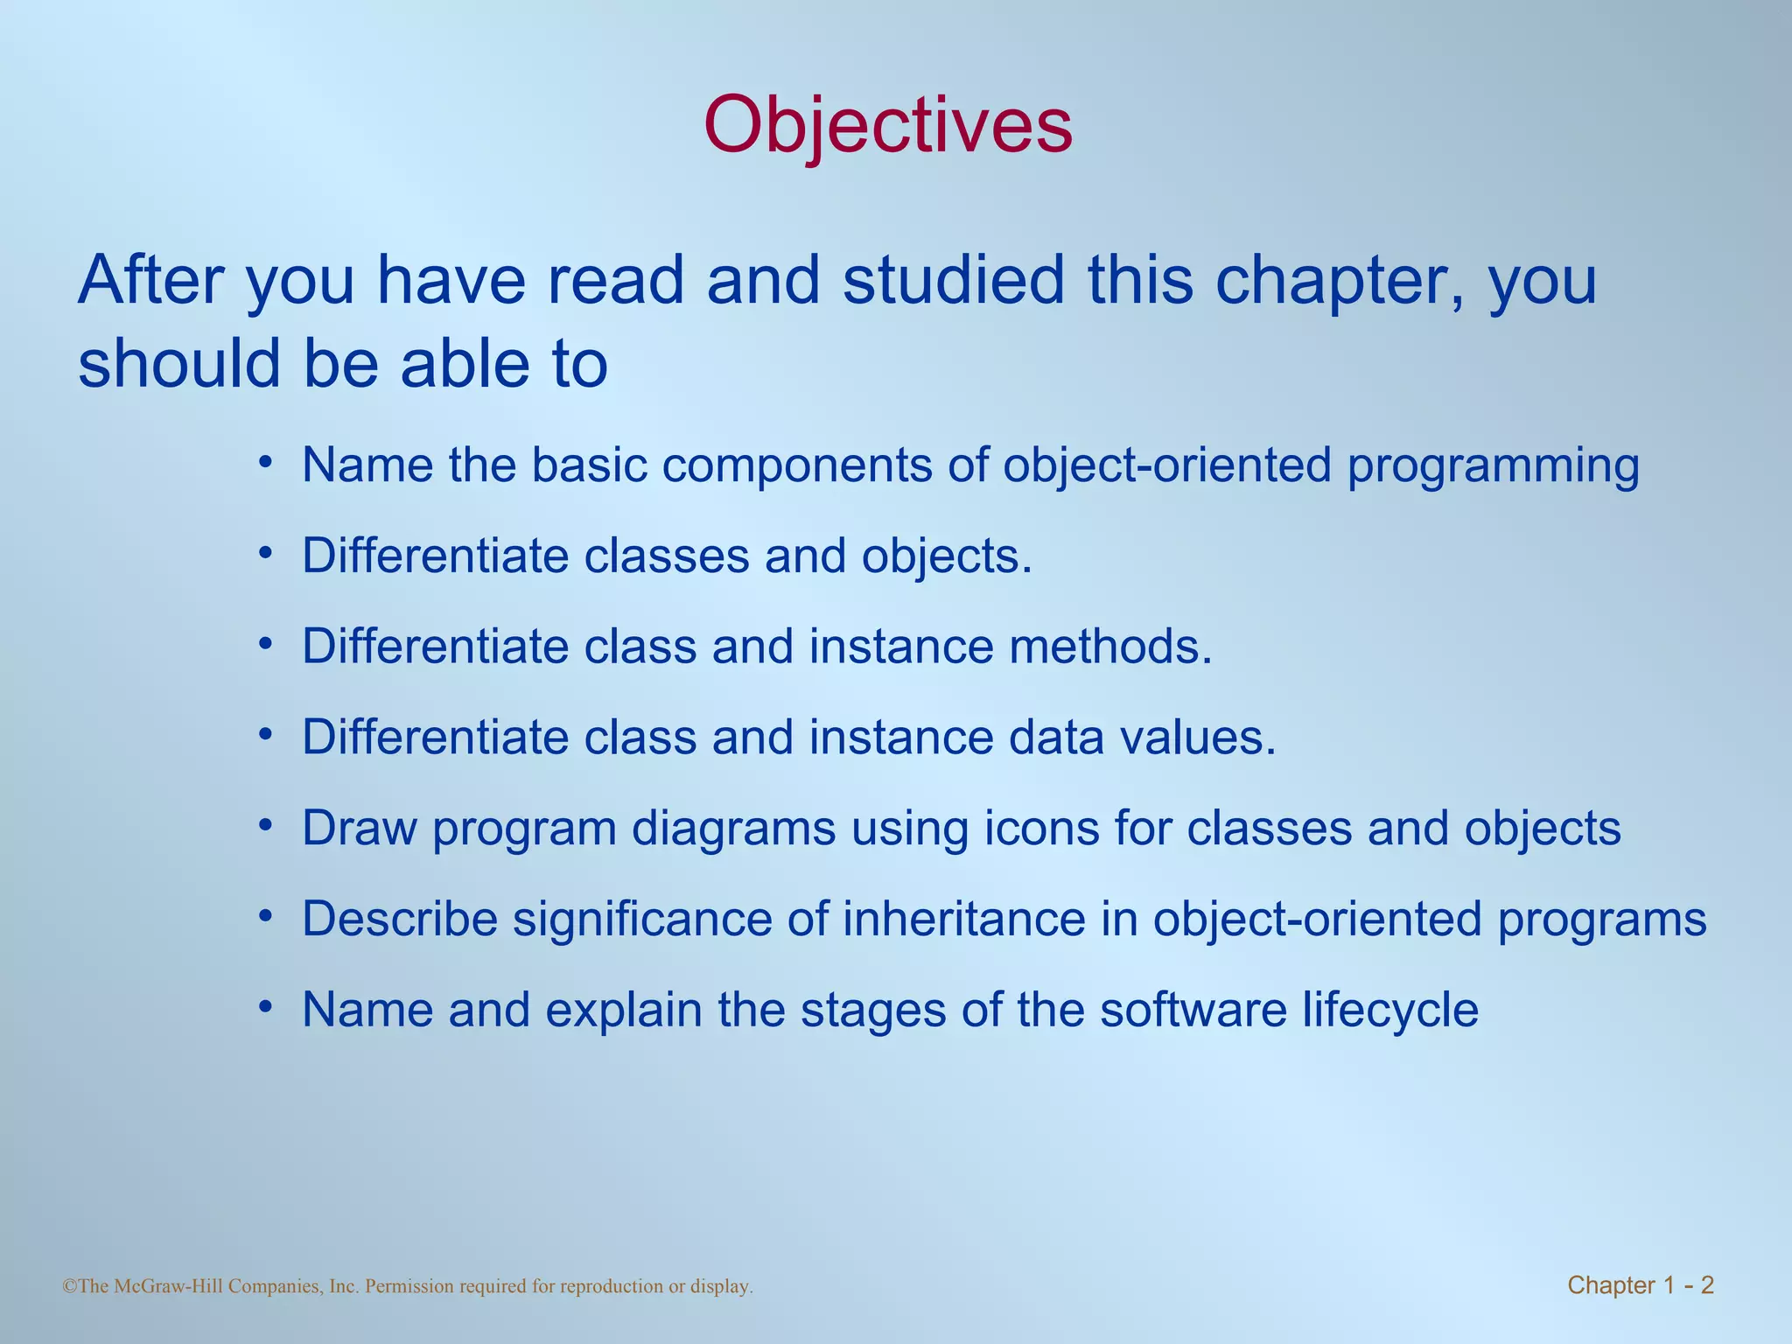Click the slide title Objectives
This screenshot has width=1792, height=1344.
[x=887, y=125]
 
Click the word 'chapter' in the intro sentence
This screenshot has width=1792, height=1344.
[x=1339, y=281]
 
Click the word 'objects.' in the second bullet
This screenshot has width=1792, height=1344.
[x=947, y=556]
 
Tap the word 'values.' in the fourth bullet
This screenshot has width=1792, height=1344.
[x=1198, y=738]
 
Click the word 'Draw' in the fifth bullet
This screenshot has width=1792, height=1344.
[x=360, y=828]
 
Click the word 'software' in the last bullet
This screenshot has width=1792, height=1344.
[x=1193, y=1010]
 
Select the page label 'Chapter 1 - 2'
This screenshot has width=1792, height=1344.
[x=1640, y=1285]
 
